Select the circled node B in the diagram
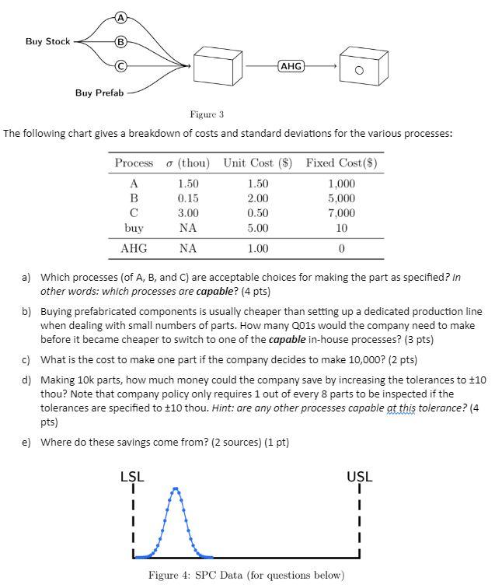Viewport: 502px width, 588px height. pos(120,43)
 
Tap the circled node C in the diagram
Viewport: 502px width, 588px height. pos(120,67)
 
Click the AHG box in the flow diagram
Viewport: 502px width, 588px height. pos(290,67)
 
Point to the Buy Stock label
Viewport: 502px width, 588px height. pos(47,41)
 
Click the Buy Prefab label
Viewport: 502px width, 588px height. pos(99,93)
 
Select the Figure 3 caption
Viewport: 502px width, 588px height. pos(207,114)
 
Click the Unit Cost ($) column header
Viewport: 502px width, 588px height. pos(258,163)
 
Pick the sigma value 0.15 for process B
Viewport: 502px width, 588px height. pos(188,198)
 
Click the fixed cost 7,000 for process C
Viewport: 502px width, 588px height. pos(341,213)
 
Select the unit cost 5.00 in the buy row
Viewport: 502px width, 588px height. pos(258,228)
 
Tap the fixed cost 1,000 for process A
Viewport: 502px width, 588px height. pos(341,184)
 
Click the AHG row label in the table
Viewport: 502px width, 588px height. pos(134,249)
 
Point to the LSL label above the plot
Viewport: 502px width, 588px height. pos(132,475)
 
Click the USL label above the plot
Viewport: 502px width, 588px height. pos(360,475)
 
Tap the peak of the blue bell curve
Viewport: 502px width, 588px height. pos(177,489)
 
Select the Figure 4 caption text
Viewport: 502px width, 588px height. pos(246,575)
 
